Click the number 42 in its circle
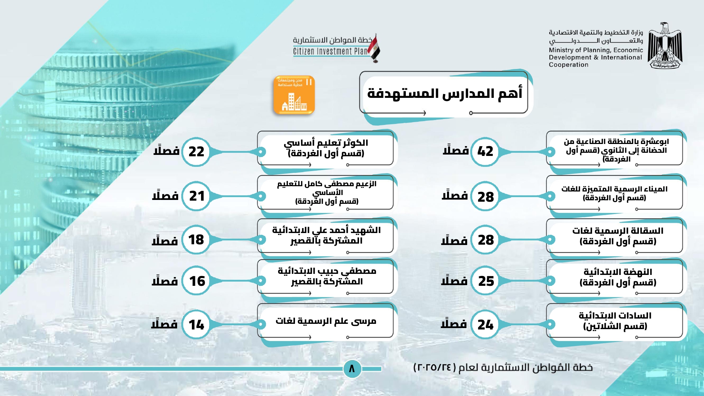(485, 152)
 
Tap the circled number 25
(486, 281)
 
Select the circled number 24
(485, 325)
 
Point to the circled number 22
(196, 152)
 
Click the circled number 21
(196, 196)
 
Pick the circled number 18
(196, 240)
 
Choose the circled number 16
(196, 281)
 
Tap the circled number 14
(196, 325)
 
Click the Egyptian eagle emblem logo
(665, 46)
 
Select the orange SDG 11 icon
(294, 95)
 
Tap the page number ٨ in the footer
(352, 369)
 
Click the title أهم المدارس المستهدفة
(445, 94)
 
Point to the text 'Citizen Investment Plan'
(330, 51)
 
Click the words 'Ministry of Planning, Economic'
(596, 50)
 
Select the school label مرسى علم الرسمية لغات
(326, 321)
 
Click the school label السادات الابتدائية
(615, 315)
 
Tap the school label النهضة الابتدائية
(618, 272)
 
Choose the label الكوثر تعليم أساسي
(326, 143)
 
